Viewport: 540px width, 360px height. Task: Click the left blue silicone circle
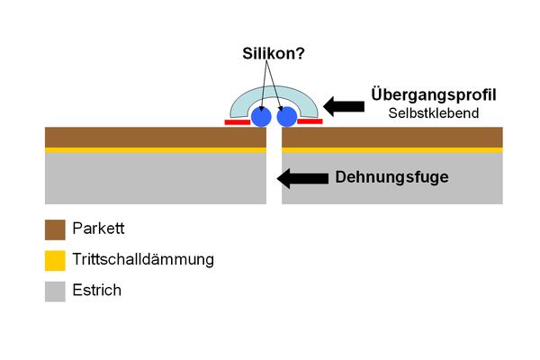tap(261, 117)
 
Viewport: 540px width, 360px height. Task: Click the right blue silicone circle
tap(287, 117)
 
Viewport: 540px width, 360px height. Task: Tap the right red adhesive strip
tap(310, 121)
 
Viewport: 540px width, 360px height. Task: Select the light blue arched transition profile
tap(274, 96)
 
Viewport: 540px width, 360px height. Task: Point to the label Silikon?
tap(274, 53)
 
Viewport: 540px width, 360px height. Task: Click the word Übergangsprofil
tap(434, 94)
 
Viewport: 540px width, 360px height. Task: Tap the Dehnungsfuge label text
tap(391, 177)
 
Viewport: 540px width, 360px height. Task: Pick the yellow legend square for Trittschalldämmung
tap(55, 260)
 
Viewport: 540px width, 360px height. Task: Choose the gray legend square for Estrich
tap(55, 291)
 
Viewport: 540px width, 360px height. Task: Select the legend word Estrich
tap(98, 291)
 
